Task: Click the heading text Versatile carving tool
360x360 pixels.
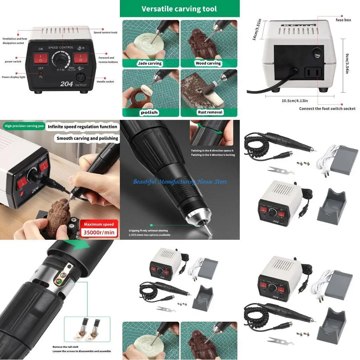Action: (179, 9)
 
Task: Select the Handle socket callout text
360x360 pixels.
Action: (105, 82)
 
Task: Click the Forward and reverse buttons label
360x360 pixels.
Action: (106, 60)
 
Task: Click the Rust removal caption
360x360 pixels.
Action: (210, 112)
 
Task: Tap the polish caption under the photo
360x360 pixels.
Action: (149, 112)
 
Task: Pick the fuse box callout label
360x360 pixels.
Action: (343, 20)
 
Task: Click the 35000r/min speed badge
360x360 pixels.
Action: (98, 232)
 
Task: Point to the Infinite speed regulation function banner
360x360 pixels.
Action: (82, 127)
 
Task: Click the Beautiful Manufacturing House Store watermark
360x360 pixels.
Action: (180, 182)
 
